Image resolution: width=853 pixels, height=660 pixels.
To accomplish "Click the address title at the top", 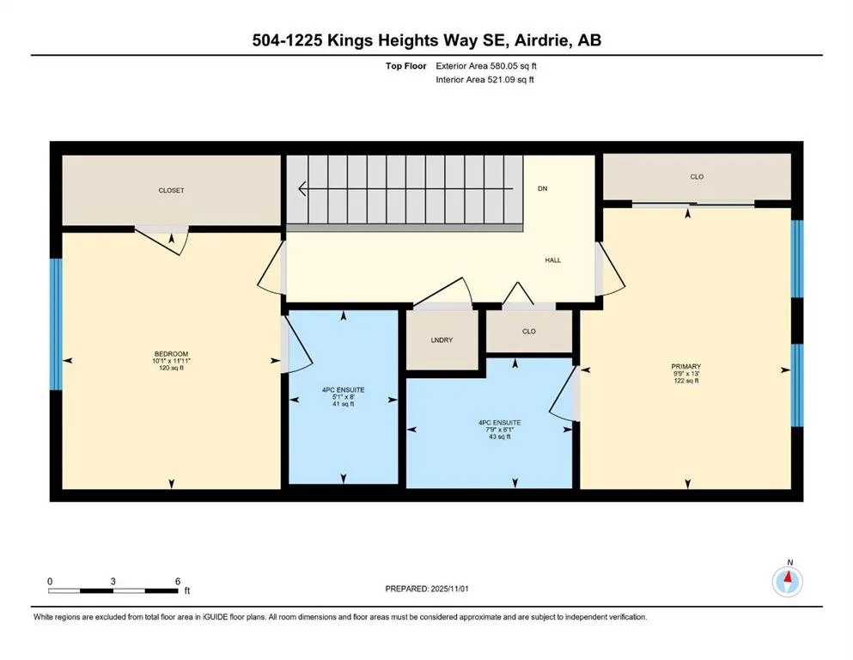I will (426, 40).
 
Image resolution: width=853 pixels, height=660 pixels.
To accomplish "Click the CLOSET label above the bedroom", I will (171, 191).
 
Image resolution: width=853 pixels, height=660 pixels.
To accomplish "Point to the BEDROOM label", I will (171, 352).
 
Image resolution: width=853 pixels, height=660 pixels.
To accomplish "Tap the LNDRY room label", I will (442, 340).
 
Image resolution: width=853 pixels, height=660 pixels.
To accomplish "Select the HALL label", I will (552, 260).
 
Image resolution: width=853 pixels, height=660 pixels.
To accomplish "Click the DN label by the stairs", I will (542, 188).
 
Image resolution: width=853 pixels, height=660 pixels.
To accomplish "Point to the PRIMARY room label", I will (686, 366).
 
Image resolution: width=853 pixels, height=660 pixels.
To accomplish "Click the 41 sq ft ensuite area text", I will (344, 404).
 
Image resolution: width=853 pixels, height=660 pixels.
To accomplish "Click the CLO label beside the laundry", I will (529, 331).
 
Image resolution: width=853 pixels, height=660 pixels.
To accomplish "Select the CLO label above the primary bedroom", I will (697, 177).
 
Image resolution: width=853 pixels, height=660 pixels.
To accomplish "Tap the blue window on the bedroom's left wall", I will (56, 324).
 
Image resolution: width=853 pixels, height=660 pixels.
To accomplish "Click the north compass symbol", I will (788, 583).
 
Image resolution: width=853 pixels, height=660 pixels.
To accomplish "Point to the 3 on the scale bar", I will (113, 581).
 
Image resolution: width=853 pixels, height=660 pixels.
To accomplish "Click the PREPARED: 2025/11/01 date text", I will (426, 589).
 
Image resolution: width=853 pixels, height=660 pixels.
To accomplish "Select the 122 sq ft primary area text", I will (686, 381).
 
